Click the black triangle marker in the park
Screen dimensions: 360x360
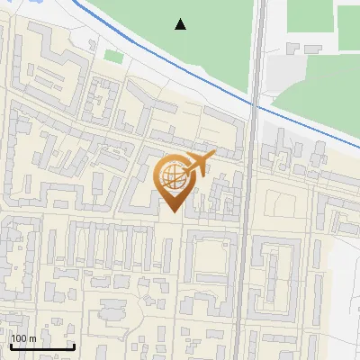coord(181,24)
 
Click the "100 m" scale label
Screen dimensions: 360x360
coord(23,338)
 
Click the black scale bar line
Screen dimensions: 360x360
coord(41,346)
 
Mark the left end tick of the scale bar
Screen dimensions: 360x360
coord(10,345)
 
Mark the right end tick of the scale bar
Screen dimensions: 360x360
coord(74,345)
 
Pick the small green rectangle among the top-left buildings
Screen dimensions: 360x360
coord(113,57)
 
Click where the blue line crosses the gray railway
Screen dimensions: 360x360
coord(256,106)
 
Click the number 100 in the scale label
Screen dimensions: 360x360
coord(19,338)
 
